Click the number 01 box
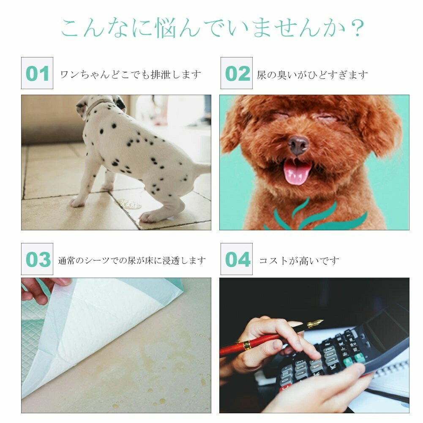pos(37,73)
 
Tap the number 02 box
pos(237,73)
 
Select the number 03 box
pos(37,259)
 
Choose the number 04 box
pos(237,259)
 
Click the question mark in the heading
pos(358,28)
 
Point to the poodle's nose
pos(298,145)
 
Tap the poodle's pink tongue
pos(297,173)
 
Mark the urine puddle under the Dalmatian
pos(129,204)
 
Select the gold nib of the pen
pos(315,323)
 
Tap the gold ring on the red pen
pos(246,346)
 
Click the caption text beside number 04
pos(299,261)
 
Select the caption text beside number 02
pos(312,75)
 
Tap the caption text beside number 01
pos(131,74)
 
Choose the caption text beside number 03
pos(132,261)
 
